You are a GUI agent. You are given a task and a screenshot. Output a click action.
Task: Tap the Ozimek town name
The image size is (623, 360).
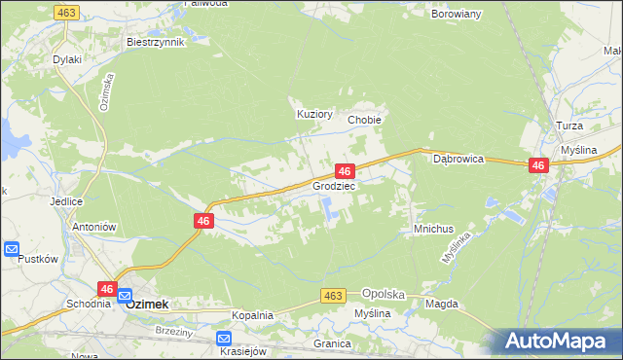(147, 304)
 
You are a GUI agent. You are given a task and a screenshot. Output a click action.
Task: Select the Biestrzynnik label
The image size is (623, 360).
(155, 43)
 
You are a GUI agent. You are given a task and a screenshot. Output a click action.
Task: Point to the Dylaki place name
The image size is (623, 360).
(67, 59)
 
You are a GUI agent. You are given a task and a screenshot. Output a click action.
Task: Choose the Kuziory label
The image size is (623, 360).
(314, 114)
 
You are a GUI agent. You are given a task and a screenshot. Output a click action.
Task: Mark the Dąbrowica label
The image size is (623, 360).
(458, 158)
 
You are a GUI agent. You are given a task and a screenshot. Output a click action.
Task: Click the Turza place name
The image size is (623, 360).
(569, 127)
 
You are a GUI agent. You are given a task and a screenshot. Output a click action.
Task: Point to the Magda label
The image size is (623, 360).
(441, 304)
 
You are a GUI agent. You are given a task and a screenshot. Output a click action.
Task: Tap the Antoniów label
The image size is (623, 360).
(94, 227)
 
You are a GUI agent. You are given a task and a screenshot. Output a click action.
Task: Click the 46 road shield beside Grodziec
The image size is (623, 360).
(344, 170)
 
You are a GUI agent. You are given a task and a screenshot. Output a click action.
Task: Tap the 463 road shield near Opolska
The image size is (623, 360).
(334, 295)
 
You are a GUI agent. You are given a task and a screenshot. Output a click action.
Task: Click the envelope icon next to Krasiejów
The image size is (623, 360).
(224, 338)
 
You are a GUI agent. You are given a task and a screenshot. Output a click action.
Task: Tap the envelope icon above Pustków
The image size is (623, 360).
(12, 249)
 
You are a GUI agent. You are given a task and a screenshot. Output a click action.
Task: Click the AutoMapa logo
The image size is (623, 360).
(560, 341)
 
